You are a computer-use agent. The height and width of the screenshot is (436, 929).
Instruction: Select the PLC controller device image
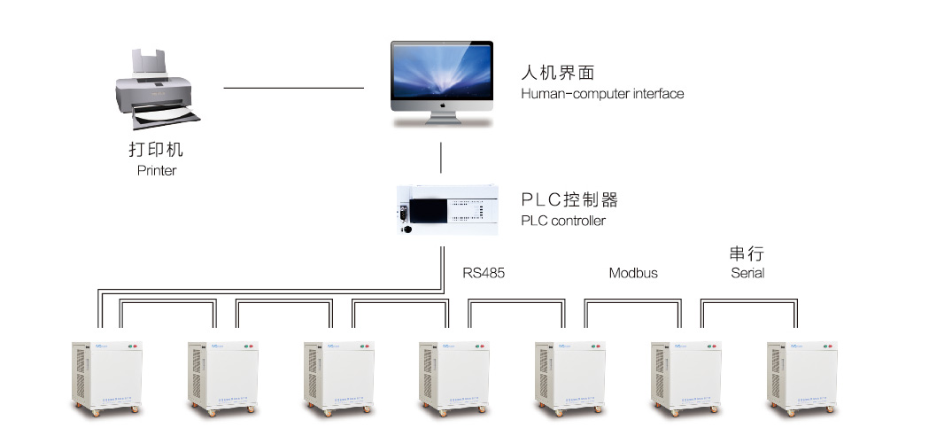click(x=446, y=208)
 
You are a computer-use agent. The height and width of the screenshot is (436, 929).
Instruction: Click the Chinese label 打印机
click(x=156, y=150)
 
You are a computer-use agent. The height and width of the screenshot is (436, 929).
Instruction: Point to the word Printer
click(x=156, y=170)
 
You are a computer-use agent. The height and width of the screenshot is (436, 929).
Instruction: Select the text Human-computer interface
click(x=602, y=93)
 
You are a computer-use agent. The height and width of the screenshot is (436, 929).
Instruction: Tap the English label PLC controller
click(x=563, y=220)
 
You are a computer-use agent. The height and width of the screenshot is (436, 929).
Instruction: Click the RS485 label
click(x=484, y=273)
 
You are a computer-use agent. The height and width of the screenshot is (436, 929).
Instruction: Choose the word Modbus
click(x=633, y=273)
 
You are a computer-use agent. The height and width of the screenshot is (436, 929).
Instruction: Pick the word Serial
click(x=747, y=273)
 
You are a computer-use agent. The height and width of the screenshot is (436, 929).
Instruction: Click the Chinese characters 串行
click(x=746, y=254)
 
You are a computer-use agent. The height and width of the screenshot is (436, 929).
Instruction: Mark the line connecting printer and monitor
click(x=294, y=88)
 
